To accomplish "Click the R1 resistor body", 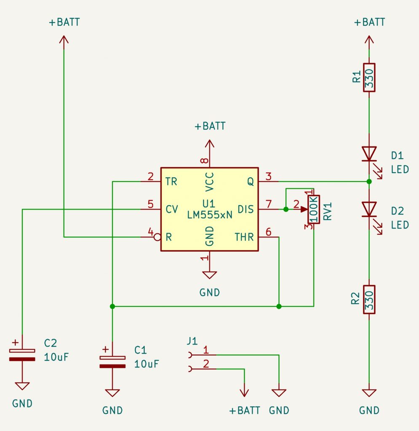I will pos(369,77).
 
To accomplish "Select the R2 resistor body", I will pos(369,299).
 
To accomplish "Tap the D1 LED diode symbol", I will pos(369,154).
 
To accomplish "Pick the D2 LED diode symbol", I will pos(369,209).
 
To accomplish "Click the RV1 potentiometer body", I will pos(314,210).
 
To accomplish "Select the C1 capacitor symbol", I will pos(112,362).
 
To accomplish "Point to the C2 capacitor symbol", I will pos(22,355).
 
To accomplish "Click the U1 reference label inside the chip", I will pos(209,202).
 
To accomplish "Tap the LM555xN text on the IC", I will pos(209,215).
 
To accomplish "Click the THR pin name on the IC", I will pos(245,237).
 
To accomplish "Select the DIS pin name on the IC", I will pos(246,209).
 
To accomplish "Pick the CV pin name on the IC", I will pos(171,209).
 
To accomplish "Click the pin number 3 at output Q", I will pos(269,176).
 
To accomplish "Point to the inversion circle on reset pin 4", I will pos(157,237).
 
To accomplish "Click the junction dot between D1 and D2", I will pos(369,181).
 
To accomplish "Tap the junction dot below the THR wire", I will pos(279,306).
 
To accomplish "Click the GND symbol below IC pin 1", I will pos(209,275).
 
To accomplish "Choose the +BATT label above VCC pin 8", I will pos(209,126).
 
